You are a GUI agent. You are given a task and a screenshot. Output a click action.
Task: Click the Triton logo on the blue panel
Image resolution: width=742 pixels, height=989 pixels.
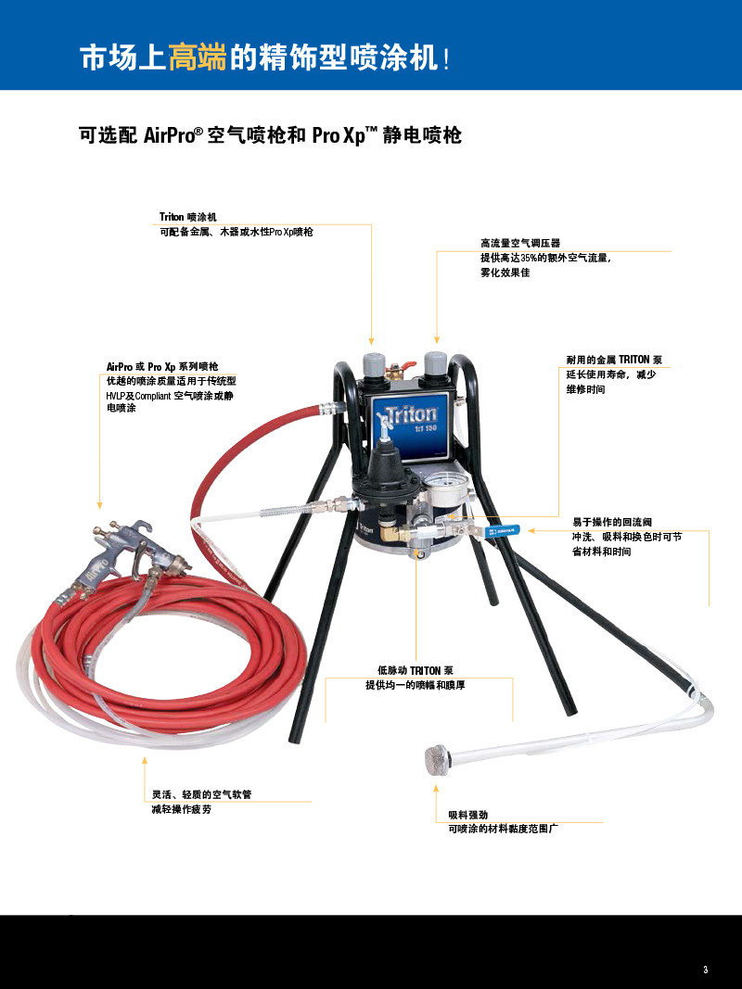point(411,415)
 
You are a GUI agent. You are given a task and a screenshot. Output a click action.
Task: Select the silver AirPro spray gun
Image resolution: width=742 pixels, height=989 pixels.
point(126,558)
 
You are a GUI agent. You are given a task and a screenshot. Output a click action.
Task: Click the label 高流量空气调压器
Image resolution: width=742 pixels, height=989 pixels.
point(520,243)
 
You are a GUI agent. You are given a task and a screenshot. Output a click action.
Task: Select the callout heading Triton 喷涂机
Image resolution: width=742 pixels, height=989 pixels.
point(188,217)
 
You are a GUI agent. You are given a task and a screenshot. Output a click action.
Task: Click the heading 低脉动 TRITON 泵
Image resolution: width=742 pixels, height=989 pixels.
point(416,670)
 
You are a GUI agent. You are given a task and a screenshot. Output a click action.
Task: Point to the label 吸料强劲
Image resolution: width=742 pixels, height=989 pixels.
point(467,815)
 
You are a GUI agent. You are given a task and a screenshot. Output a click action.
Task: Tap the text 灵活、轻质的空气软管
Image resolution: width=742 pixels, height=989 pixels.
point(201,794)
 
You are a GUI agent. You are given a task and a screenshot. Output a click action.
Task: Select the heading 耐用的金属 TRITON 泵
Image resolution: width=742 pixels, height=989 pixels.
point(614,360)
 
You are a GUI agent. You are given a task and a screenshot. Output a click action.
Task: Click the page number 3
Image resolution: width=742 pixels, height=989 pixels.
point(706,970)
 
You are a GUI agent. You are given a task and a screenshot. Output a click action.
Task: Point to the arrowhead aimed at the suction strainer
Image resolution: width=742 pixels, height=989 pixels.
point(435,789)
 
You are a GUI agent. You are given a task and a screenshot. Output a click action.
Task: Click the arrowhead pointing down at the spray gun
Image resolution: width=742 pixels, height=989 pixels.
point(99,505)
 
